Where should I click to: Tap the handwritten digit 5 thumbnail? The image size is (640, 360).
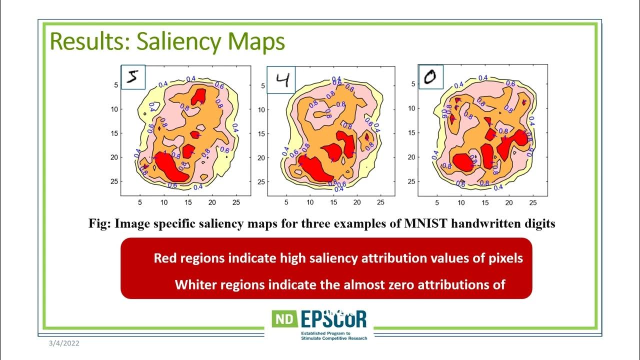(x=133, y=77)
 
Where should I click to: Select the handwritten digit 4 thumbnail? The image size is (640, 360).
(x=281, y=79)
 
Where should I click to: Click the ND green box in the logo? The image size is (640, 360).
(x=284, y=319)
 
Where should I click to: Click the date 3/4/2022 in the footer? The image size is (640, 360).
(x=64, y=343)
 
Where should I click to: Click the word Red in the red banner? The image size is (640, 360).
(x=164, y=258)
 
